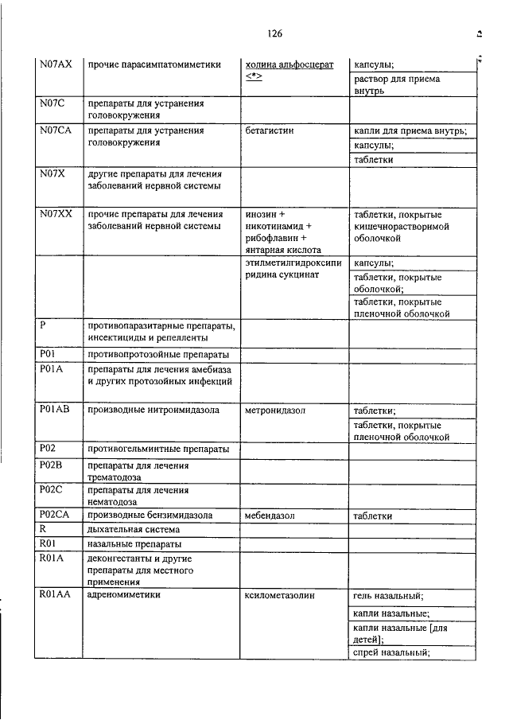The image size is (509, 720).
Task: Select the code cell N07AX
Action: pyautogui.click(x=56, y=64)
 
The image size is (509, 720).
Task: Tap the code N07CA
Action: pyautogui.click(x=56, y=130)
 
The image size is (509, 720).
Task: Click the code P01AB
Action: pyautogui.click(x=55, y=411)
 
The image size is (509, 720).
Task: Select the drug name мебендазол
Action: pyautogui.click(x=270, y=516)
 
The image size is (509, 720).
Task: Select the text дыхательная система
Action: pyautogui.click(x=134, y=529)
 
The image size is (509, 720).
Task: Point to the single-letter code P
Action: pyautogui.click(x=42, y=325)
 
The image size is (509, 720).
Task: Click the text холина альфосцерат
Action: pyautogui.click(x=289, y=64)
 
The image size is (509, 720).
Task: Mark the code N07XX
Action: pyautogui.click(x=56, y=214)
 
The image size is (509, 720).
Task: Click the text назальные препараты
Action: pyautogui.click(x=134, y=544)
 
